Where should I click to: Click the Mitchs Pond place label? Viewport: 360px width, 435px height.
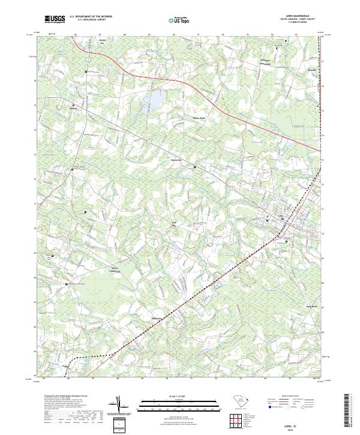[x=199, y=118]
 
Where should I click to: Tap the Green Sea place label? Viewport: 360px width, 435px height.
[x=101, y=43]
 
